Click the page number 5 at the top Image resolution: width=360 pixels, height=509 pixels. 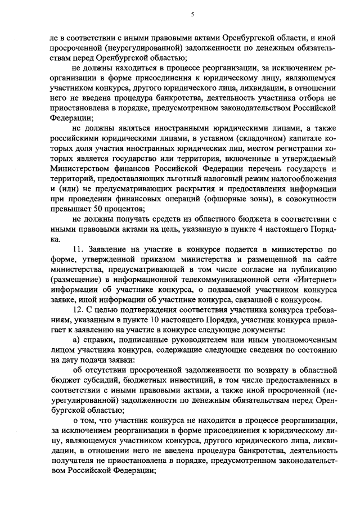coord(191,15)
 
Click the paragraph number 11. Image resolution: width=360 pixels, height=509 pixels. coord(79,249)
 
